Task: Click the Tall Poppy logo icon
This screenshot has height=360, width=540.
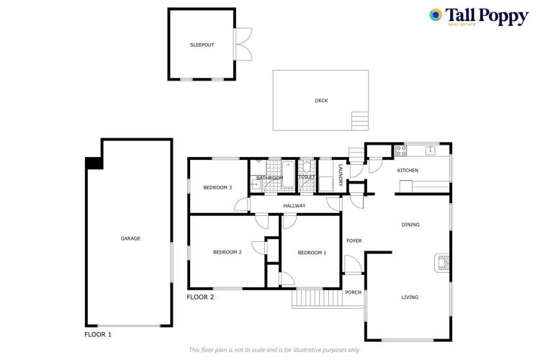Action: (436, 15)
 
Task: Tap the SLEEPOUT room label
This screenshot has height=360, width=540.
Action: (202, 45)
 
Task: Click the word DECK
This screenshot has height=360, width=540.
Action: (321, 101)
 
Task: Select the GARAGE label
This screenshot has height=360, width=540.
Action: (130, 238)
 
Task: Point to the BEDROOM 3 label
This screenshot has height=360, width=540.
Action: (217, 188)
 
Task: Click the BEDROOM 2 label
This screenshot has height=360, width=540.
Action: (227, 252)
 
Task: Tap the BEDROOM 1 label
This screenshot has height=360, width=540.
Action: (312, 252)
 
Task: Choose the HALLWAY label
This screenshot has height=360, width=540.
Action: (294, 206)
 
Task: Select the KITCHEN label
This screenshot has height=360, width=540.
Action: (408, 171)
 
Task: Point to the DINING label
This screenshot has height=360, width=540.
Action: (410, 225)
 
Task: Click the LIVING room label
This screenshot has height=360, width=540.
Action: (410, 297)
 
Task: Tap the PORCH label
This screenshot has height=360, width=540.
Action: (353, 292)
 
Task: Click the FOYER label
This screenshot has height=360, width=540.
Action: (354, 240)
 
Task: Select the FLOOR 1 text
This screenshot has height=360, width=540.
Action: (98, 335)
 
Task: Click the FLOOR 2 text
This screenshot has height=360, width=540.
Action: (200, 297)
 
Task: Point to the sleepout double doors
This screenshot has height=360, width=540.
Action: (245, 45)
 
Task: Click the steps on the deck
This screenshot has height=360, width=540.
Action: (359, 120)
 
